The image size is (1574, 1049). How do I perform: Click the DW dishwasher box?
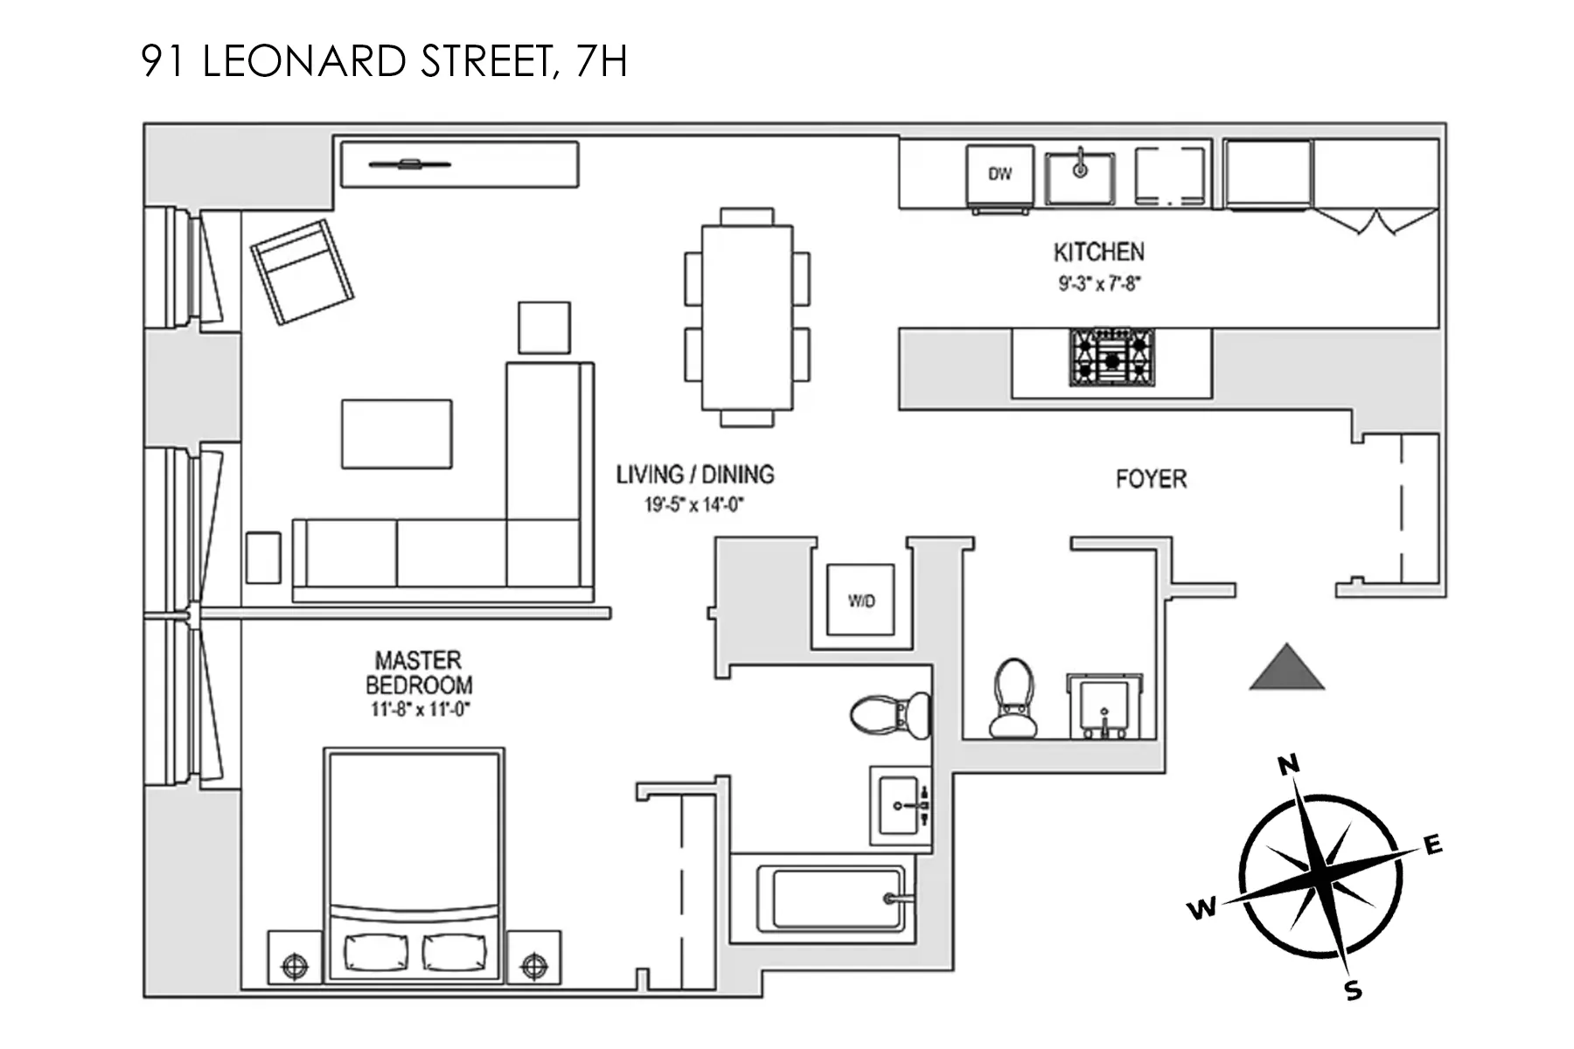[999, 175]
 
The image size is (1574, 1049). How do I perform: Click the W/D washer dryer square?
[861, 601]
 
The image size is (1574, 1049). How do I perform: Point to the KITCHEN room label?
[1098, 253]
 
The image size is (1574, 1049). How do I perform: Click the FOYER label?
[1151, 479]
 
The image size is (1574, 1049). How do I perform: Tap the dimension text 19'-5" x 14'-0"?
[693, 504]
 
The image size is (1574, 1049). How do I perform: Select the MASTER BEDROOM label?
[419, 672]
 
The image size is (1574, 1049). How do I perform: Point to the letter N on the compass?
[1288, 766]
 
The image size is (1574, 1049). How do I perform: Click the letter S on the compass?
[1353, 990]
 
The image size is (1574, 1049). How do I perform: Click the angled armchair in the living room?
[303, 272]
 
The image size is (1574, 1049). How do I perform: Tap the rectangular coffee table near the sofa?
[397, 434]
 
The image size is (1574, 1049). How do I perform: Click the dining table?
[747, 317]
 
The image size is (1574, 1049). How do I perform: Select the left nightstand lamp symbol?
[295, 967]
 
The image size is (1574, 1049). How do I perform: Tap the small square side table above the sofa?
[544, 328]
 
